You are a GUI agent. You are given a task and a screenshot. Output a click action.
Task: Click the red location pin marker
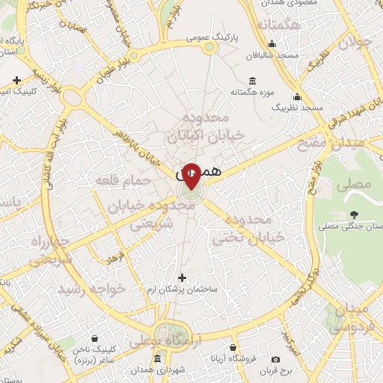tap(191, 176)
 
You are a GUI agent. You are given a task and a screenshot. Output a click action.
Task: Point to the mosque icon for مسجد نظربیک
tap(298, 96)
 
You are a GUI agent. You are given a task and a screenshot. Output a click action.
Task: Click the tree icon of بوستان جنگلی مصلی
tap(353, 214)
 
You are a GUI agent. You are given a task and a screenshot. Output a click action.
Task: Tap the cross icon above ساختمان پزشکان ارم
tap(182, 278)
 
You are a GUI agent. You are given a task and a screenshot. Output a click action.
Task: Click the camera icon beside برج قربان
tap(277, 360)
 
